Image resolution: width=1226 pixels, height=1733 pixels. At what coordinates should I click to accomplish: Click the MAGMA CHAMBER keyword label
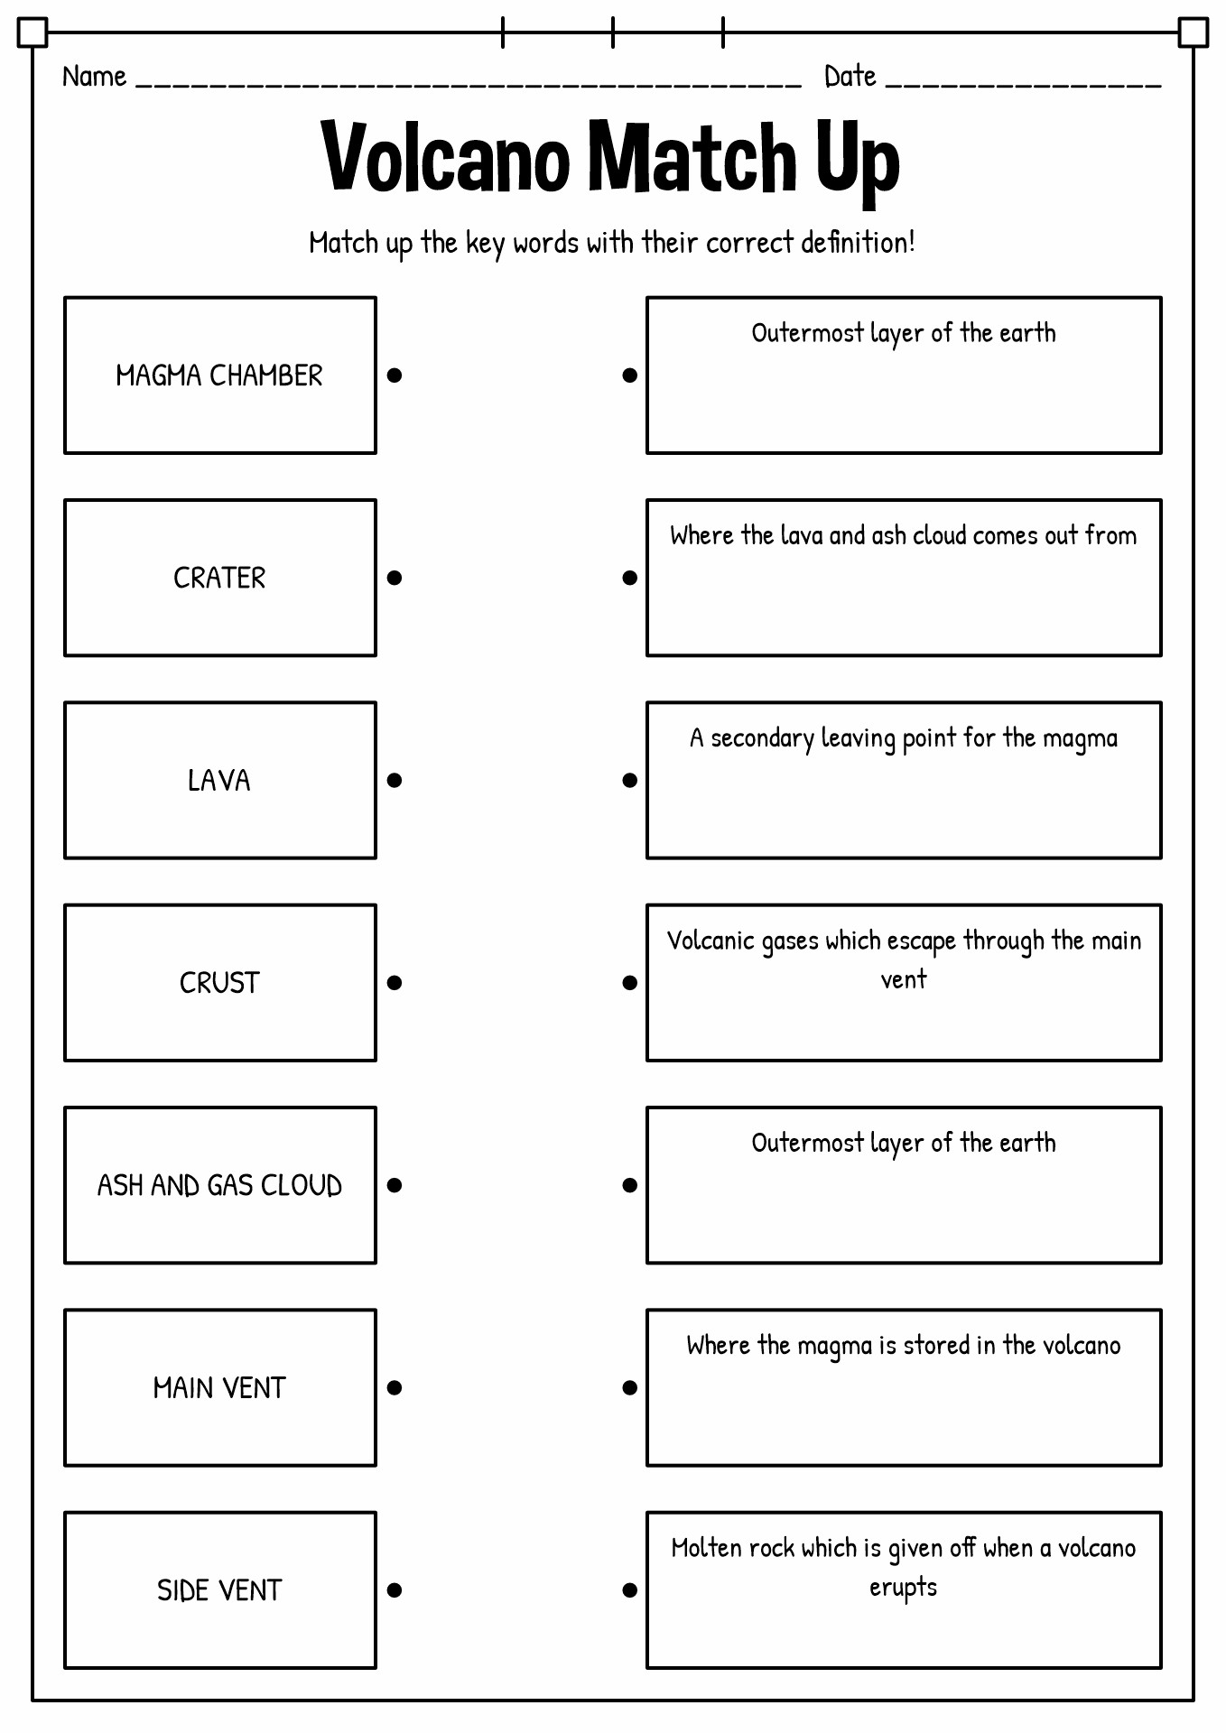pyautogui.click(x=219, y=375)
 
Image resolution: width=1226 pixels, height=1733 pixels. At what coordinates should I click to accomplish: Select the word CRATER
pyautogui.click(x=219, y=578)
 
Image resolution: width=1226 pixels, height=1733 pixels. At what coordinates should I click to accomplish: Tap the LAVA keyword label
pyautogui.click(x=219, y=780)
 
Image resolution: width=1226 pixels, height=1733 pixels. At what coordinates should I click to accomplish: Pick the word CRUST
pyautogui.click(x=219, y=982)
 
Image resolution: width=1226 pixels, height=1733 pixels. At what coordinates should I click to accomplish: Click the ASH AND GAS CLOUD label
pyautogui.click(x=219, y=1185)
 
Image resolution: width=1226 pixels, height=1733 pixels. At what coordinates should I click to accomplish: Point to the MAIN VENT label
pyautogui.click(x=219, y=1387)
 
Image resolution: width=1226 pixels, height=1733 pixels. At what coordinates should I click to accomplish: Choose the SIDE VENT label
pyautogui.click(x=219, y=1589)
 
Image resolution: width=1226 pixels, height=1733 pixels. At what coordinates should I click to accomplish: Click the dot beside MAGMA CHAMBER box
pyautogui.click(x=395, y=375)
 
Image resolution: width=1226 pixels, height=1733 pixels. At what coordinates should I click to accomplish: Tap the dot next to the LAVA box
pyautogui.click(x=395, y=780)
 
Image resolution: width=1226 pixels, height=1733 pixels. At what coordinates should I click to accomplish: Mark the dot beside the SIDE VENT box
pyautogui.click(x=395, y=1589)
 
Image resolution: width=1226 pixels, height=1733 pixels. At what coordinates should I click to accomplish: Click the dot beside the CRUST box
pyautogui.click(x=395, y=982)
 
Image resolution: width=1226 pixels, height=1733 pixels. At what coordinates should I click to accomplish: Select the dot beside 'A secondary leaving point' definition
pyautogui.click(x=630, y=780)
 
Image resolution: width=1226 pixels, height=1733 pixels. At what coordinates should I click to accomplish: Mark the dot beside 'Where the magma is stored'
pyautogui.click(x=630, y=1387)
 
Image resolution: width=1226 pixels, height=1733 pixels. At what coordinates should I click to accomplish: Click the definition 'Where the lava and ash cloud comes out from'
pyautogui.click(x=903, y=535)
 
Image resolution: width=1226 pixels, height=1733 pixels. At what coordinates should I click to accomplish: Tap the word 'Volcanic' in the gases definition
pyautogui.click(x=711, y=941)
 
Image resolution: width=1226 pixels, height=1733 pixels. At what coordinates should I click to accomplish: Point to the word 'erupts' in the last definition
pyautogui.click(x=903, y=1588)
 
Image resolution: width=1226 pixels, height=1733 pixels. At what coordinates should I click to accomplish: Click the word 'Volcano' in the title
pyautogui.click(x=446, y=156)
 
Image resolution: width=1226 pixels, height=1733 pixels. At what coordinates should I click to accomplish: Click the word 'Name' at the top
pyautogui.click(x=94, y=77)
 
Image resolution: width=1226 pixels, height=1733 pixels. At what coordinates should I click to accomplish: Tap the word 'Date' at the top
pyautogui.click(x=850, y=77)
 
